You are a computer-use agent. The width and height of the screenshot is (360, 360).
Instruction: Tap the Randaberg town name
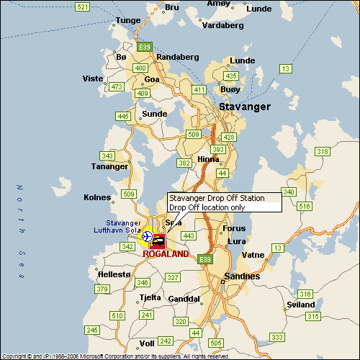pyautogui.click(x=176, y=56)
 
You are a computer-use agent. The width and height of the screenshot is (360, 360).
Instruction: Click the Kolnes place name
pyautogui.click(x=97, y=197)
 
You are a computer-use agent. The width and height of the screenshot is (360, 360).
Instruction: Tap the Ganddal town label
pyautogui.click(x=184, y=298)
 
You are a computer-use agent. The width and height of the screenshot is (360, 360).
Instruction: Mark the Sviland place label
pyautogui.click(x=301, y=305)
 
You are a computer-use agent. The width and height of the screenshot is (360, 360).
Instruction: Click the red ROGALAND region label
pyautogui.click(x=166, y=254)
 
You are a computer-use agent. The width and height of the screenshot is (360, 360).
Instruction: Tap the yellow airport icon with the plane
pyautogui.click(x=147, y=236)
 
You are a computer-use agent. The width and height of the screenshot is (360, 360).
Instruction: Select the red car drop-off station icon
pyautogui.click(x=158, y=246)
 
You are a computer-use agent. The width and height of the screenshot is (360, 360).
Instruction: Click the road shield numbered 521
pyautogui.click(x=82, y=7)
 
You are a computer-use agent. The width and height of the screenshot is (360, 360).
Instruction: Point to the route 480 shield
pyautogui.click(x=140, y=68)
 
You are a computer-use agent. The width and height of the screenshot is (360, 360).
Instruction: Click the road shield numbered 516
pyautogui.click(x=305, y=207)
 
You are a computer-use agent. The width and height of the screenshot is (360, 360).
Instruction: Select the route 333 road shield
pyautogui.click(x=276, y=337)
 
